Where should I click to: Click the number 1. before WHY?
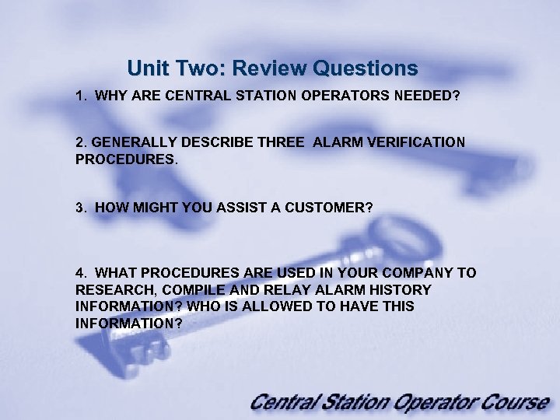click(x=80, y=98)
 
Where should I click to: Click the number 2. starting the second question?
click(x=80, y=142)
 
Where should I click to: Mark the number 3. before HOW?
click(x=80, y=208)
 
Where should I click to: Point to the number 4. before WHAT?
click(x=80, y=274)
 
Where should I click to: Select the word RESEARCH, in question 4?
click(x=110, y=290)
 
